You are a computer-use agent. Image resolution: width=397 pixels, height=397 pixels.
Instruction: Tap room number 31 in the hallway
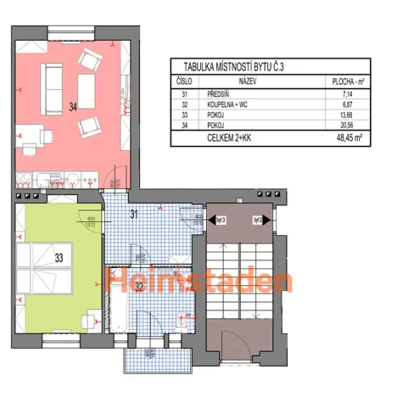[x=133, y=214]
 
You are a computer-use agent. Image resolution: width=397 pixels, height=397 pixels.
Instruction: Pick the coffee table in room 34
[x=87, y=87]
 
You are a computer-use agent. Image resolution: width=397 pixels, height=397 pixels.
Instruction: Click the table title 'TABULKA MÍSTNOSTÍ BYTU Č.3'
[x=235, y=64]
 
